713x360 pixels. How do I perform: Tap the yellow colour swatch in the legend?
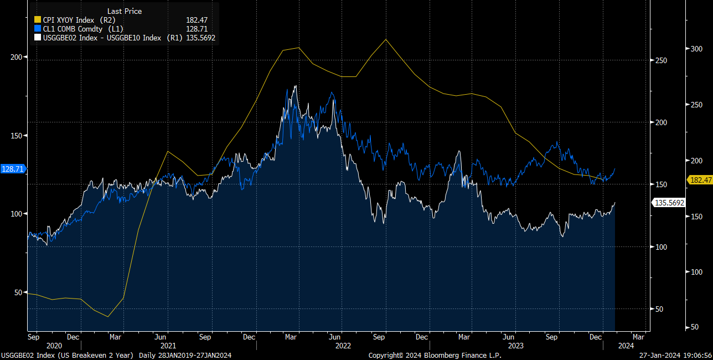(x=37, y=20)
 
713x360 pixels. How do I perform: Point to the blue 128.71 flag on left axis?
(x=13, y=169)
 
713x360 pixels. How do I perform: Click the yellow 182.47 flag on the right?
(x=699, y=180)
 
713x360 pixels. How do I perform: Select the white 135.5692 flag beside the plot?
(x=669, y=203)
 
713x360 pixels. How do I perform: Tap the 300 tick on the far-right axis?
(x=697, y=49)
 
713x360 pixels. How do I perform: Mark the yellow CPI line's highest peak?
(x=386, y=39)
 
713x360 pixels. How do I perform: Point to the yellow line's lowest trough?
(x=108, y=317)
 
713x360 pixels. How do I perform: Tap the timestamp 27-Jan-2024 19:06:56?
(x=674, y=355)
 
